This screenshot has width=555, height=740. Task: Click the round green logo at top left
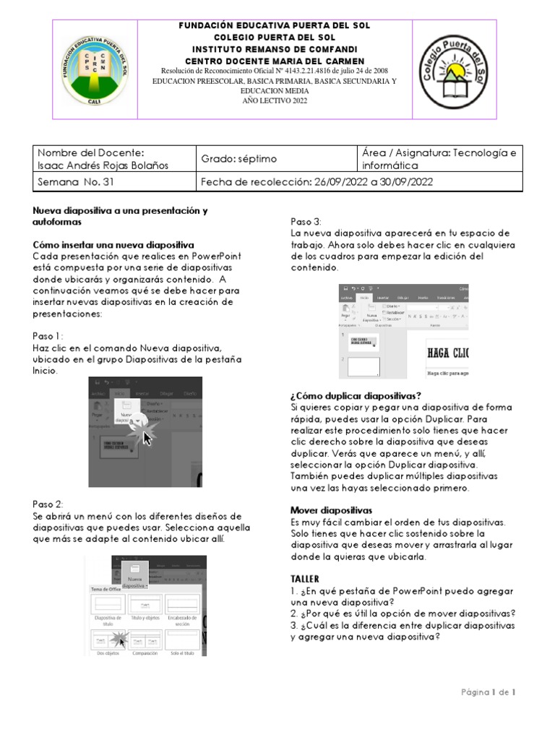click(95, 69)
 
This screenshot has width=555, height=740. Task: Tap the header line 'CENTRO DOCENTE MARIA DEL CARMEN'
click(275, 61)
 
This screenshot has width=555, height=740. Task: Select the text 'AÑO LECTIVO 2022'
click(275, 100)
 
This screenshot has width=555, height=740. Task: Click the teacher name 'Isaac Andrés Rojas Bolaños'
click(103, 165)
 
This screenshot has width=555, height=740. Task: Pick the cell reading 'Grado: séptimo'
click(238, 158)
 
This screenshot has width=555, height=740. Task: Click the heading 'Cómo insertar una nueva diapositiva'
click(113, 245)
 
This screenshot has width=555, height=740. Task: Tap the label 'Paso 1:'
click(48, 336)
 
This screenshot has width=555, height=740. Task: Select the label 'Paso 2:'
click(48, 504)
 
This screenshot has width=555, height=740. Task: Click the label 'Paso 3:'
click(306, 221)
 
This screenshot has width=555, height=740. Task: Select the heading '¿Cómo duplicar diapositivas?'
click(356, 395)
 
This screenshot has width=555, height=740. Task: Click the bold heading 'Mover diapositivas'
click(331, 510)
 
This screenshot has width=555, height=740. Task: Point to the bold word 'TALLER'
click(304, 579)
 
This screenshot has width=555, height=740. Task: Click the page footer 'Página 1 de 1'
click(488, 692)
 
